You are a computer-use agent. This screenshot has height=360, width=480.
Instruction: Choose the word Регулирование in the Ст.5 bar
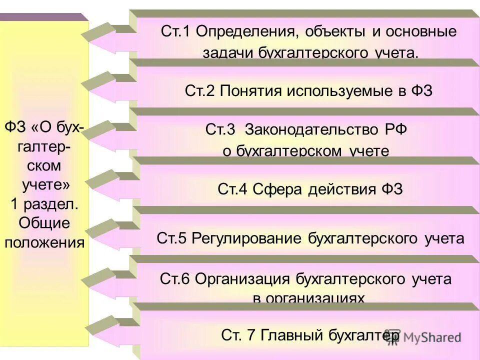coord(244,238)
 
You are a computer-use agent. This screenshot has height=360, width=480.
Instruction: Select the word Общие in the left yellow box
coord(44,223)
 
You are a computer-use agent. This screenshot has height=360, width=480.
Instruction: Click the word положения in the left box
coord(44,242)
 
